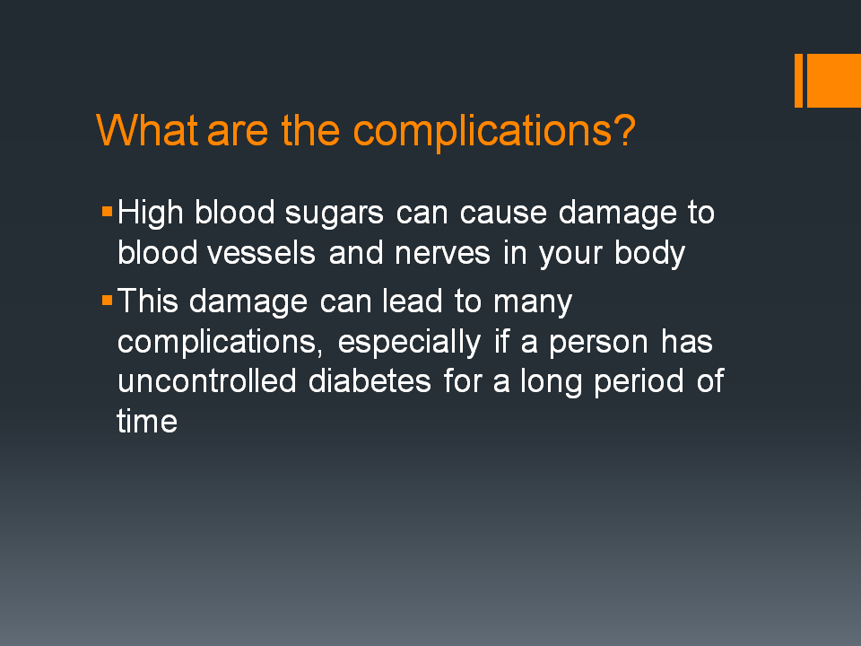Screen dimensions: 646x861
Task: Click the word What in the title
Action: click(x=147, y=130)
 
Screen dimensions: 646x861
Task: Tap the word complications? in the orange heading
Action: click(x=494, y=132)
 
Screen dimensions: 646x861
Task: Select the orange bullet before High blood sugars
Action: click(x=108, y=213)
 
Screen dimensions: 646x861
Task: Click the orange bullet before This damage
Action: click(x=108, y=300)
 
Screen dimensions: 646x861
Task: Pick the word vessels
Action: click(x=271, y=254)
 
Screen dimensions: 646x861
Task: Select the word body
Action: click(x=650, y=255)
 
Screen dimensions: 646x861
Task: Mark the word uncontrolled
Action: click(x=207, y=380)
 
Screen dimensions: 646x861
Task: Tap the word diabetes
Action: click(x=370, y=380)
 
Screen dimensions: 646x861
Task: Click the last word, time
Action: click(x=147, y=421)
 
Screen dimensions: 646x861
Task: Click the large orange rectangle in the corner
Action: click(x=833, y=80)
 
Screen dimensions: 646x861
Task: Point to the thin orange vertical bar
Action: click(x=798, y=80)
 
